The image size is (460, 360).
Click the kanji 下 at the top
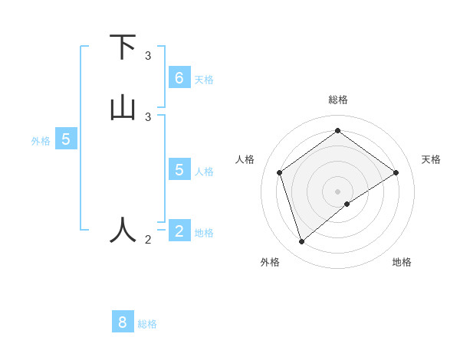pyautogui.click(x=123, y=47)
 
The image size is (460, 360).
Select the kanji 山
pyautogui.click(x=123, y=107)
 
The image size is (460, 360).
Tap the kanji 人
pyautogui.click(x=123, y=229)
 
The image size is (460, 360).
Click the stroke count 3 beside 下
pyautogui.click(x=148, y=56)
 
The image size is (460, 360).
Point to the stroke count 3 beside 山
pyautogui.click(x=148, y=116)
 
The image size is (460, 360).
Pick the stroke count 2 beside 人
pyautogui.click(x=148, y=240)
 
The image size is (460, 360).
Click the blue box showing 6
pyautogui.click(x=179, y=77)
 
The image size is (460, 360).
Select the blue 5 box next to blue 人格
pyautogui.click(x=179, y=169)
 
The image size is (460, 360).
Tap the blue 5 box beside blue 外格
pyautogui.click(x=66, y=139)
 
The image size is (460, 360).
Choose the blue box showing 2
pyautogui.click(x=179, y=231)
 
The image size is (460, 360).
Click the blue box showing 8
pyautogui.click(x=123, y=322)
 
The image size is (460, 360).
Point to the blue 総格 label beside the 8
pyautogui.click(x=147, y=324)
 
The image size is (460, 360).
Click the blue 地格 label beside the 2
pyautogui.click(x=204, y=233)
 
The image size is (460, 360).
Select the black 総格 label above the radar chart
pyautogui.click(x=337, y=100)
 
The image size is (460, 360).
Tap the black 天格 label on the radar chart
pyautogui.click(x=431, y=159)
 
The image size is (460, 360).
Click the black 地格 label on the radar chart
pyautogui.click(x=402, y=262)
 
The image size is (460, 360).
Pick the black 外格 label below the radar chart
pyautogui.click(x=270, y=262)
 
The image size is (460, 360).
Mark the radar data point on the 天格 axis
pyautogui.click(x=396, y=172)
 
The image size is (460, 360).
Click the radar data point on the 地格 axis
pyautogui.click(x=347, y=204)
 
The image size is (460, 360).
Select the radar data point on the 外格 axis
pyautogui.click(x=301, y=242)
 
